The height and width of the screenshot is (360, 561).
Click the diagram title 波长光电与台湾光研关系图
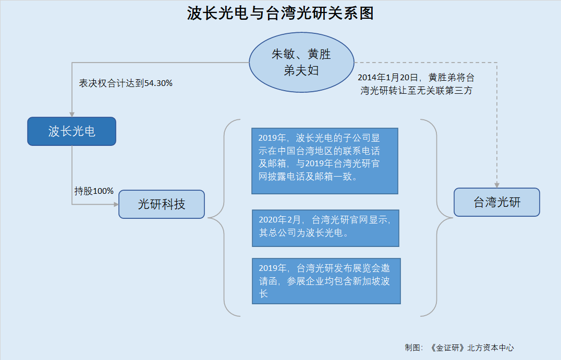[280, 14]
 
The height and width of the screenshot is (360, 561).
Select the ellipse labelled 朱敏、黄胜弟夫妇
[301, 63]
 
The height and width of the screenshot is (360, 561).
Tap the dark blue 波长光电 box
[71, 131]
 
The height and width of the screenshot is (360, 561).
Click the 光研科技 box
[162, 204]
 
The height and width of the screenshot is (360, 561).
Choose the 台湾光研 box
[497, 202]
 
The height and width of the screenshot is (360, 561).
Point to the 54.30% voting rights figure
[158, 83]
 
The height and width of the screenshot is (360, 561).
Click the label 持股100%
[94, 191]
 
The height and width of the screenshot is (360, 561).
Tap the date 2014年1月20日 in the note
[388, 78]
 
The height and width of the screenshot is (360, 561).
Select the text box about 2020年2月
[325, 228]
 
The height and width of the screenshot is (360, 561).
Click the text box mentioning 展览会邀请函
[326, 281]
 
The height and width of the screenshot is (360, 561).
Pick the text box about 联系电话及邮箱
[325, 161]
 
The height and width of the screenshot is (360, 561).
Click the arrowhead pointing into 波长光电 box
[72, 115]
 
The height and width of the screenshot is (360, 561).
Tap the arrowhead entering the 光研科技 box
[116, 205]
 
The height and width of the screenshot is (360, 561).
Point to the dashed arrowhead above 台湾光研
[497, 185]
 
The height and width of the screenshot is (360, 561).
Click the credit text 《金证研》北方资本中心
[471, 348]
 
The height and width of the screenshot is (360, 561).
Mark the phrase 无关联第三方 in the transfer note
[445, 91]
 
